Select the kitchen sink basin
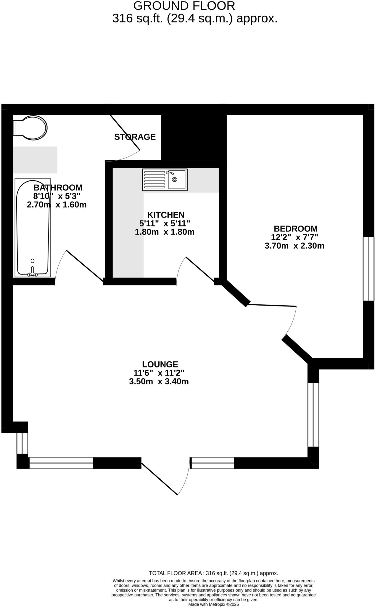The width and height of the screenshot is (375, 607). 177,179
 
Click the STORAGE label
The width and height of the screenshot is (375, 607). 135,137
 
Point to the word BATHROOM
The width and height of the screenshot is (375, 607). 58,188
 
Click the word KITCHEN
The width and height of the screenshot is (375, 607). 166,215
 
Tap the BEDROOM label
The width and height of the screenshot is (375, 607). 295,229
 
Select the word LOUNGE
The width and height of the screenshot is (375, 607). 160,364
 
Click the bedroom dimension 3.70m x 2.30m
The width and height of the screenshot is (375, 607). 294,246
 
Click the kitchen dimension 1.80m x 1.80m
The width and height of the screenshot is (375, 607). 165,232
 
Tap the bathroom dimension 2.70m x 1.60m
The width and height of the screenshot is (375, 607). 57,205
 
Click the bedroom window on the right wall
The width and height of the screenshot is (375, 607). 368,269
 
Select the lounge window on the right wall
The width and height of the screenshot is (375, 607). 313,415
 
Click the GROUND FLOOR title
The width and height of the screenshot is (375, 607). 184,6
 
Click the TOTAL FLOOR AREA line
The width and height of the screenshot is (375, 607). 213,573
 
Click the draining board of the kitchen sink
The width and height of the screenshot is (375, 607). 154,180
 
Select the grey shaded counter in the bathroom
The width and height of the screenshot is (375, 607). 35,160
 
